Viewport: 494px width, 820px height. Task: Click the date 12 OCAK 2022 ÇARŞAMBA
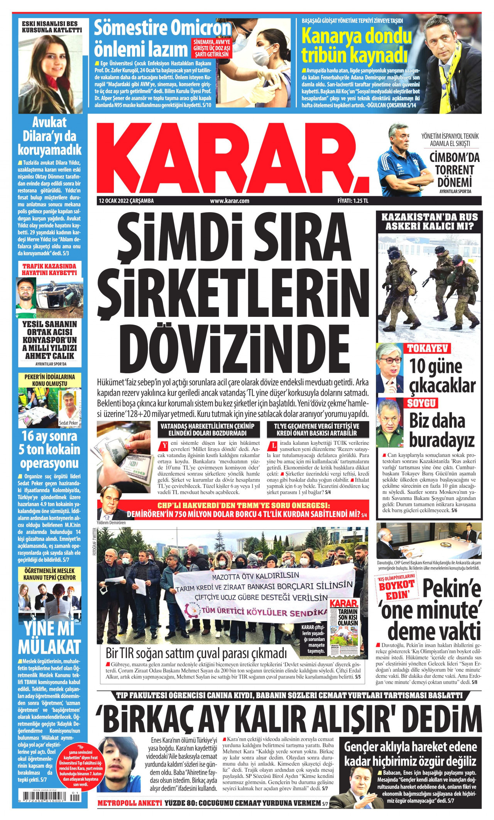coord(126,201)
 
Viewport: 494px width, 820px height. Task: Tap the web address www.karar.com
coord(229,201)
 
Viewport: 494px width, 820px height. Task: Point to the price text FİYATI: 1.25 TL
coord(353,201)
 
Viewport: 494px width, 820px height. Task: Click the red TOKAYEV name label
coord(428,349)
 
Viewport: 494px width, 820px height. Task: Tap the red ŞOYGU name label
coord(421,403)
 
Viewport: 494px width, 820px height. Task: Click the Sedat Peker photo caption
coord(68,423)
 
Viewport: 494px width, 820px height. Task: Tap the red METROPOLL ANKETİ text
coord(130,803)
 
